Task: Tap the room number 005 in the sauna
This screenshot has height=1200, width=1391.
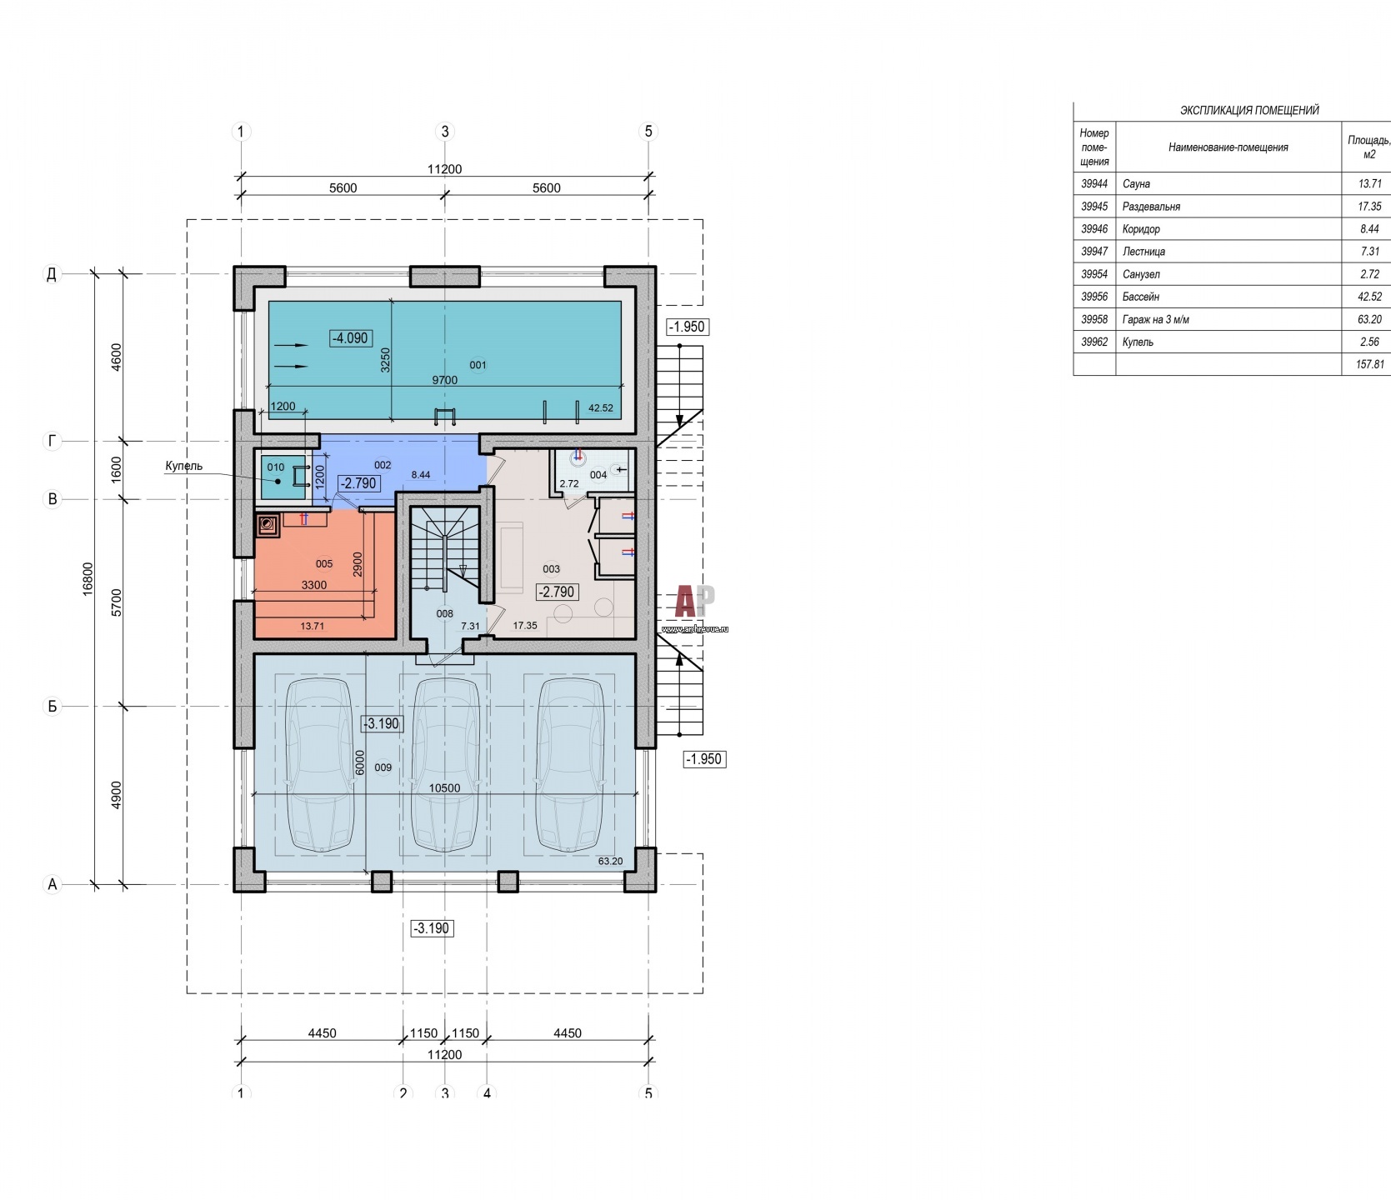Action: pos(324,564)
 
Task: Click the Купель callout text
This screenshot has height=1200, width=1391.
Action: pos(183,467)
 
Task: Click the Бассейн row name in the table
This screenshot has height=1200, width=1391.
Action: pos(1140,297)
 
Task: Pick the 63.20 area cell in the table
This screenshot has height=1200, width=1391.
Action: pos(1369,319)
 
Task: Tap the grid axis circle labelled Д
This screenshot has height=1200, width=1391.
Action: pos(53,273)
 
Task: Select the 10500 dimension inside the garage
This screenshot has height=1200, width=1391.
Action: pos(445,788)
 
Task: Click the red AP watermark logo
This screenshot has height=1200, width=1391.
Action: pos(694,602)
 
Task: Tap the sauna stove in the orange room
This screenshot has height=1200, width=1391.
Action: pos(268,525)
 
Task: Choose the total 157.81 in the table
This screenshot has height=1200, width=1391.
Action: pos(1369,364)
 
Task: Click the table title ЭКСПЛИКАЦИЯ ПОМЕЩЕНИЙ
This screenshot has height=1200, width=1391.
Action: pos(1249,110)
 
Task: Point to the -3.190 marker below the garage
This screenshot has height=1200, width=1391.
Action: pos(432,927)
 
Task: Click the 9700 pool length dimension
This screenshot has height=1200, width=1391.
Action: pos(444,380)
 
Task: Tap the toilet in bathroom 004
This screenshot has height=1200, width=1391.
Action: pos(578,457)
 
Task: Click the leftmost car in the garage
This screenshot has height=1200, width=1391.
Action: pos(321,765)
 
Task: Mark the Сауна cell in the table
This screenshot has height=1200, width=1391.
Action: pos(1136,184)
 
